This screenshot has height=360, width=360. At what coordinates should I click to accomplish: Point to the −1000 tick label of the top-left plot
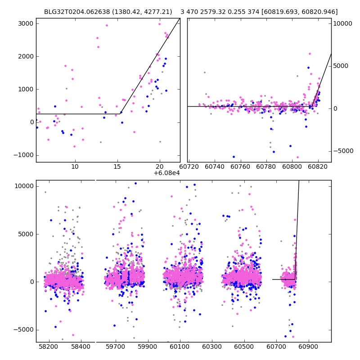pyautogui.click(x=24, y=155)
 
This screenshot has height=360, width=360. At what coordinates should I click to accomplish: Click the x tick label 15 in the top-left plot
pyautogui.click(x=117, y=167)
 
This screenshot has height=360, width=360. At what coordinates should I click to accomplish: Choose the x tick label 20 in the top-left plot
pyautogui.click(x=160, y=167)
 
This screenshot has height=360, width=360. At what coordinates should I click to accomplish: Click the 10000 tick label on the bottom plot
pyautogui.click(x=22, y=186)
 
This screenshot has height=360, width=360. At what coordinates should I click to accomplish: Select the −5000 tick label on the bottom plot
pyautogui.click(x=24, y=329)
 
